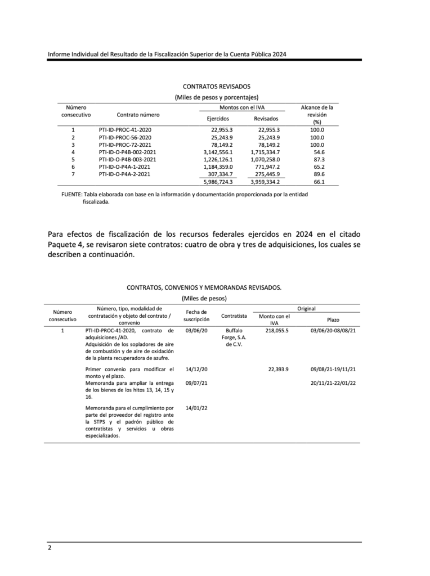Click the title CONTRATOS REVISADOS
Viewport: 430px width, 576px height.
point(217,87)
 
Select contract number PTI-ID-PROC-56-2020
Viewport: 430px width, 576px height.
point(125,137)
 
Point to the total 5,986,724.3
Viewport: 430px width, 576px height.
point(218,182)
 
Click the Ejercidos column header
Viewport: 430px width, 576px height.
point(218,119)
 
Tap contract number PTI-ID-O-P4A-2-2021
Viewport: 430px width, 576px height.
point(124,174)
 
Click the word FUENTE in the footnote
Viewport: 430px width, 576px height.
point(71,194)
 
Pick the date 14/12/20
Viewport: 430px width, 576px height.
point(196,369)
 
